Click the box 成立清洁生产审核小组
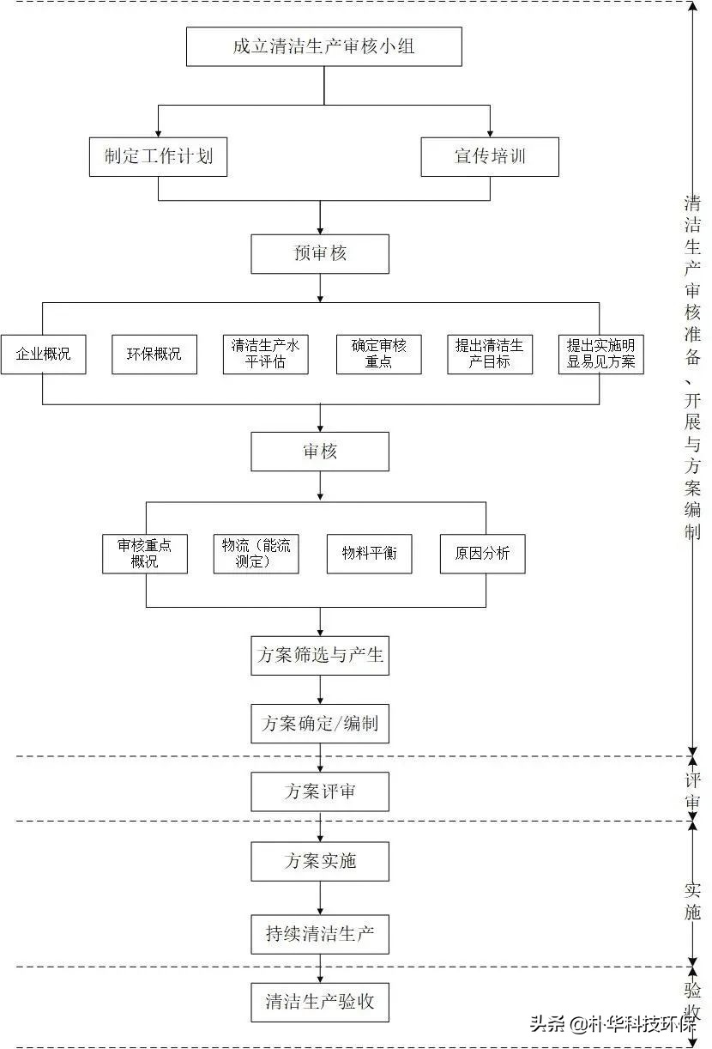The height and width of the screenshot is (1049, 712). pyautogui.click(x=323, y=46)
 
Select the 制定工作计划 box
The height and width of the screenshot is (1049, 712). pyautogui.click(x=159, y=157)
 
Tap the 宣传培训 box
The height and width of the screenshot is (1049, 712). pyautogui.click(x=490, y=157)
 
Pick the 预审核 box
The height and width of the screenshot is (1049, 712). pyautogui.click(x=320, y=254)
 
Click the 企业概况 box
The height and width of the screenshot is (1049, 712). pyautogui.click(x=43, y=354)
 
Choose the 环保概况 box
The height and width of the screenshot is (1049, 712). pyautogui.click(x=154, y=354)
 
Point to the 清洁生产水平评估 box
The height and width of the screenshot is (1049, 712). pyautogui.click(x=266, y=354)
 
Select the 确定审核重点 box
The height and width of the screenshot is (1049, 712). pyautogui.click(x=378, y=354)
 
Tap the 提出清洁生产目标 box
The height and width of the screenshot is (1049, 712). pyautogui.click(x=490, y=354)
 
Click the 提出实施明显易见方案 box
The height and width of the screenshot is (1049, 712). pyautogui.click(x=600, y=354)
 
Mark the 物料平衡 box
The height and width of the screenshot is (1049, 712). pyautogui.click(x=369, y=554)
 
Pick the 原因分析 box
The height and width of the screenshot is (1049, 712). pyautogui.click(x=482, y=554)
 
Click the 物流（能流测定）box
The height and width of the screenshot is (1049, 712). pyautogui.click(x=256, y=554)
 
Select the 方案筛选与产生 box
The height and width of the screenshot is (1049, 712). pyautogui.click(x=320, y=656)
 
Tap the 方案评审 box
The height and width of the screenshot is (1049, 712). pyautogui.click(x=320, y=791)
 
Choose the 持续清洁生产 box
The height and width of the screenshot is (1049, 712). pyautogui.click(x=320, y=934)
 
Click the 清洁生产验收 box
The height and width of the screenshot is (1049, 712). pyautogui.click(x=320, y=1002)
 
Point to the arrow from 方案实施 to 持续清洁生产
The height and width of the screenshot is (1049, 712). pyautogui.click(x=321, y=897)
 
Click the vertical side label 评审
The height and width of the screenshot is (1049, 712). pyautogui.click(x=693, y=791)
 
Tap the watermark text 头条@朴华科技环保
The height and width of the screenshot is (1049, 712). pyautogui.click(x=612, y=1024)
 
